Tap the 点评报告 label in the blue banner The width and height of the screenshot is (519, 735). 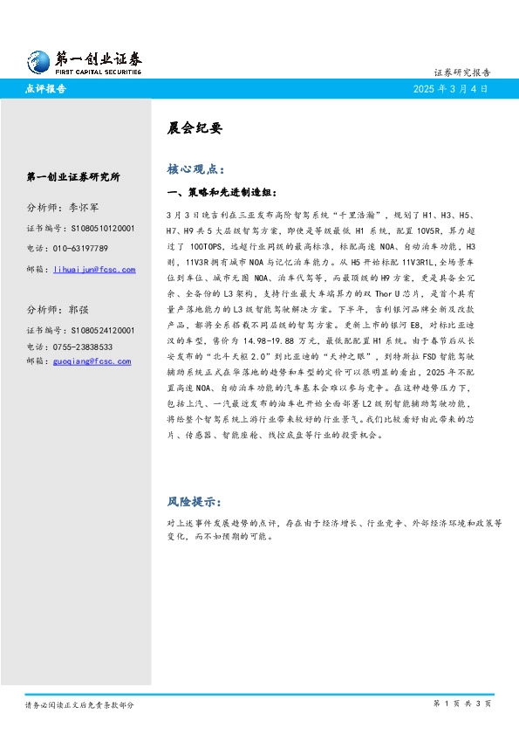pyautogui.click(x=47, y=89)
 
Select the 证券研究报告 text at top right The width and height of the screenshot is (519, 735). pyautogui.click(x=461, y=72)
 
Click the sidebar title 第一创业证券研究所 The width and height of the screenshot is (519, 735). pyautogui.click(x=74, y=176)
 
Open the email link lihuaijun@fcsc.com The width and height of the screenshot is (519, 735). pyautogui.click(x=94, y=270)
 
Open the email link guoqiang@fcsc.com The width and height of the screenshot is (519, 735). pyautogui.click(x=92, y=361)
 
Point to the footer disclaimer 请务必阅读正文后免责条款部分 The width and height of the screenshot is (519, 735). pyautogui.click(x=79, y=704)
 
